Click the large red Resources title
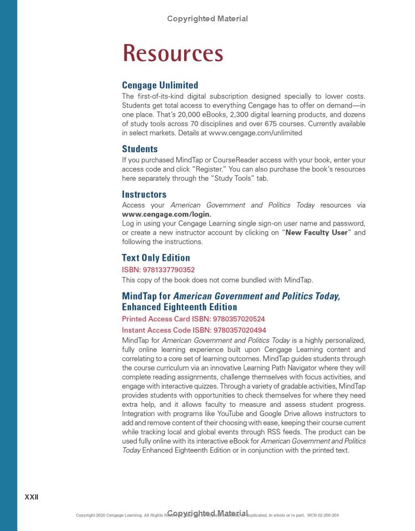click(x=173, y=54)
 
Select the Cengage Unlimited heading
click(x=160, y=85)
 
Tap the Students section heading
click(x=140, y=149)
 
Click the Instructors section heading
click(x=144, y=195)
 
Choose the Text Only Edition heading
click(x=156, y=258)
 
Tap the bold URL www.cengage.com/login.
click(x=167, y=214)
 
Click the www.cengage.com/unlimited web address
click(x=255, y=133)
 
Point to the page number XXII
click(x=32, y=497)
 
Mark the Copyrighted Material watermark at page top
click(x=207, y=19)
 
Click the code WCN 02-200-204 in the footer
click(x=323, y=515)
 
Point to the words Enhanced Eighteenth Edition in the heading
click(x=179, y=307)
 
